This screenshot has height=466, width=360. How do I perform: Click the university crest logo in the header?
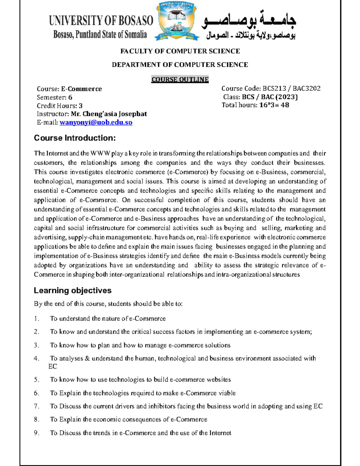[177, 22]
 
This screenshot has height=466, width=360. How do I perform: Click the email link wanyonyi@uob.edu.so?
[96, 122]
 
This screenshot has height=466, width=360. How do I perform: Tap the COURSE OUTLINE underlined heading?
[180, 80]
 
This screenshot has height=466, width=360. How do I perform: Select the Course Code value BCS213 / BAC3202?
[291, 89]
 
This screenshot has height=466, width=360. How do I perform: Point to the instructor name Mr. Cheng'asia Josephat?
[109, 114]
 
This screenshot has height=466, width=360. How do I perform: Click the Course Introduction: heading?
[75, 138]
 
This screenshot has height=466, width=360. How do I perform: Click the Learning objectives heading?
[73, 290]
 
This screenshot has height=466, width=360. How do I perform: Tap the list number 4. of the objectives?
[37, 358]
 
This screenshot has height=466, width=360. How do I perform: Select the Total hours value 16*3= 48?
[274, 105]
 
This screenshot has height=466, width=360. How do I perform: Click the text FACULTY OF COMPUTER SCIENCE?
[180, 51]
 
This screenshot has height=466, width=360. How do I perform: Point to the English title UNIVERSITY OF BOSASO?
[101, 21]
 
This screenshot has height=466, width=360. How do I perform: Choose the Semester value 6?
[70, 98]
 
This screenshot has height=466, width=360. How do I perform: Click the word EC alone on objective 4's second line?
[52, 366]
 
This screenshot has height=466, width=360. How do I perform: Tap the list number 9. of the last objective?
[37, 433]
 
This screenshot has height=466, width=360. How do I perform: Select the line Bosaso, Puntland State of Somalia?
[100, 35]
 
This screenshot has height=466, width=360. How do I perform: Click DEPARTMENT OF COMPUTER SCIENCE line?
[180, 65]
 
